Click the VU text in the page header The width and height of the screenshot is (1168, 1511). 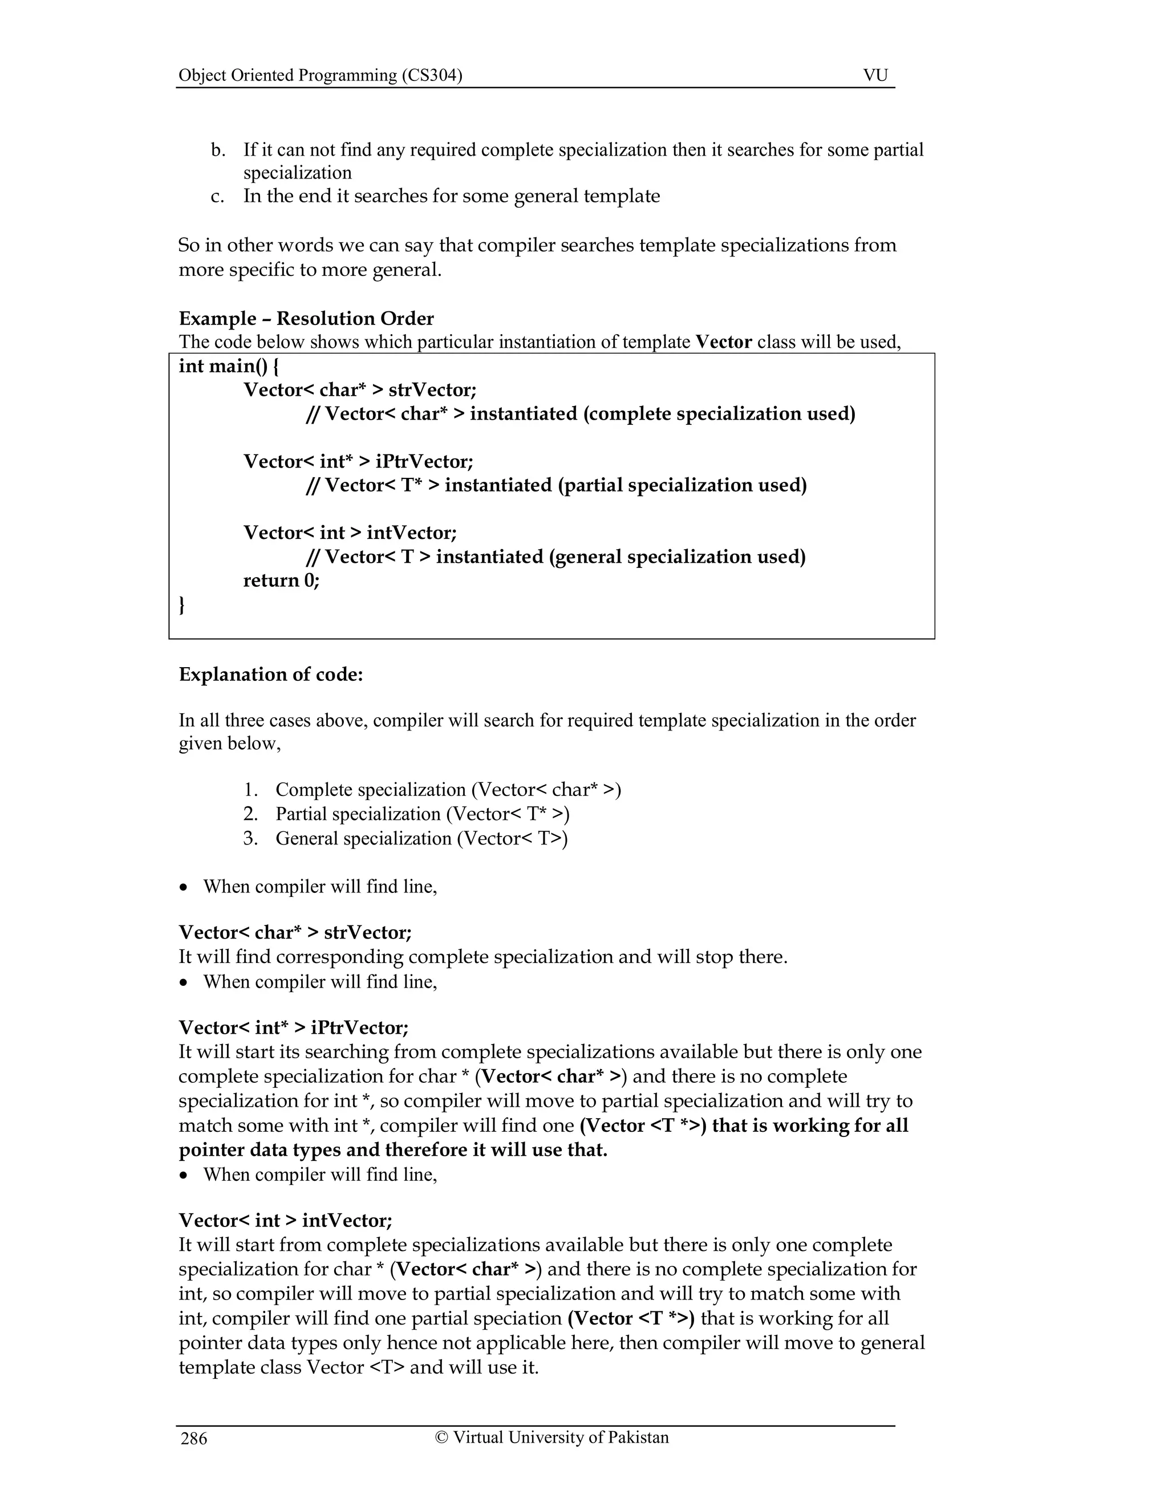pyautogui.click(x=875, y=75)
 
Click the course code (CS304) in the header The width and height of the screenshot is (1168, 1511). pyautogui.click(x=432, y=75)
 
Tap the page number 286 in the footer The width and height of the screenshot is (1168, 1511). pyautogui.click(x=194, y=1439)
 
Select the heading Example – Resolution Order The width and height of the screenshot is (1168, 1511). pyautogui.click(x=306, y=318)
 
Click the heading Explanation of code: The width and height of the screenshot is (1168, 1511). pyautogui.click(x=270, y=674)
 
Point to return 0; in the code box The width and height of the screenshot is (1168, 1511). pyautogui.click(x=281, y=580)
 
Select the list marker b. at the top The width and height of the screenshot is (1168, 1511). pyautogui.click(x=218, y=149)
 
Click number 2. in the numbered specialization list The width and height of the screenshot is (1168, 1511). pyautogui.click(x=250, y=814)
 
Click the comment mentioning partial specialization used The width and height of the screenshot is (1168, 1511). pyautogui.click(x=556, y=485)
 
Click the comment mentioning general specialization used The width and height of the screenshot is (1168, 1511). pyautogui.click(x=555, y=557)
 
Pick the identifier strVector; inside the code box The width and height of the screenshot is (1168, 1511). pyautogui.click(x=432, y=389)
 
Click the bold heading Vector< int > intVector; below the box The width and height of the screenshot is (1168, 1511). pyautogui.click(x=285, y=1220)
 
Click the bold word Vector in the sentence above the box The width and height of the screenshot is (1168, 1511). pyautogui.click(x=723, y=342)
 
